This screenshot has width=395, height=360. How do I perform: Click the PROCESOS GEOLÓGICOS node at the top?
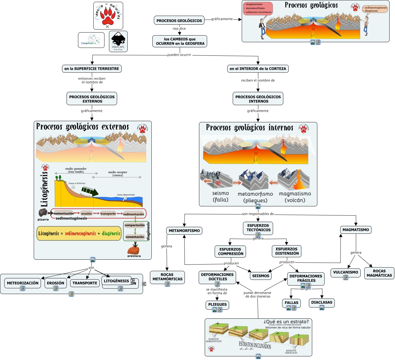click(x=179, y=20)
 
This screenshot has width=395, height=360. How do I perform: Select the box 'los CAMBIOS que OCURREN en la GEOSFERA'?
click(x=180, y=41)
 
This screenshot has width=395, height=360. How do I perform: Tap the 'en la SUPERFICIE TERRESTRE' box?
click(x=92, y=69)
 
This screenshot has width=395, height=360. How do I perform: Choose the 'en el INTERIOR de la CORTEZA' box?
click(x=258, y=69)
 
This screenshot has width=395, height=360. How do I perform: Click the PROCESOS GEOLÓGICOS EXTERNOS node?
click(x=92, y=99)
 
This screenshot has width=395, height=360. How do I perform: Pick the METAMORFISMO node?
click(x=184, y=231)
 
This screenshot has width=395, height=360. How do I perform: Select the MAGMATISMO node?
click(x=356, y=230)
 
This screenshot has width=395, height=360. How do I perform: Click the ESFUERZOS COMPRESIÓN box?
click(x=230, y=252)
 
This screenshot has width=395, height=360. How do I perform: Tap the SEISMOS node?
click(x=261, y=276)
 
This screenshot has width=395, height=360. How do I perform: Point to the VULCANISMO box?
click(x=346, y=272)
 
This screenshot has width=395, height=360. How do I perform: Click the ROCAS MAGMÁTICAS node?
click(x=379, y=273)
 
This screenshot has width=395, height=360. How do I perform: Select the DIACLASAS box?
click(x=322, y=302)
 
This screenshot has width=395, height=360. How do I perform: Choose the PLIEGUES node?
click(x=217, y=305)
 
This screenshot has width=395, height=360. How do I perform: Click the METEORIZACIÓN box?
click(x=23, y=283)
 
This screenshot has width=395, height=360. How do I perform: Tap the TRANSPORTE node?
click(x=85, y=283)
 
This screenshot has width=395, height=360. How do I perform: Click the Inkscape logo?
click(x=118, y=41)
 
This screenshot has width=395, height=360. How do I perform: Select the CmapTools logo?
click(x=91, y=40)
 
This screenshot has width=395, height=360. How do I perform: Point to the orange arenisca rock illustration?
click(x=133, y=250)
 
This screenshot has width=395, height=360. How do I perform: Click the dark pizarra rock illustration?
click(x=43, y=213)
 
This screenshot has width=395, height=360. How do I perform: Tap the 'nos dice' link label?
click(x=179, y=29)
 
